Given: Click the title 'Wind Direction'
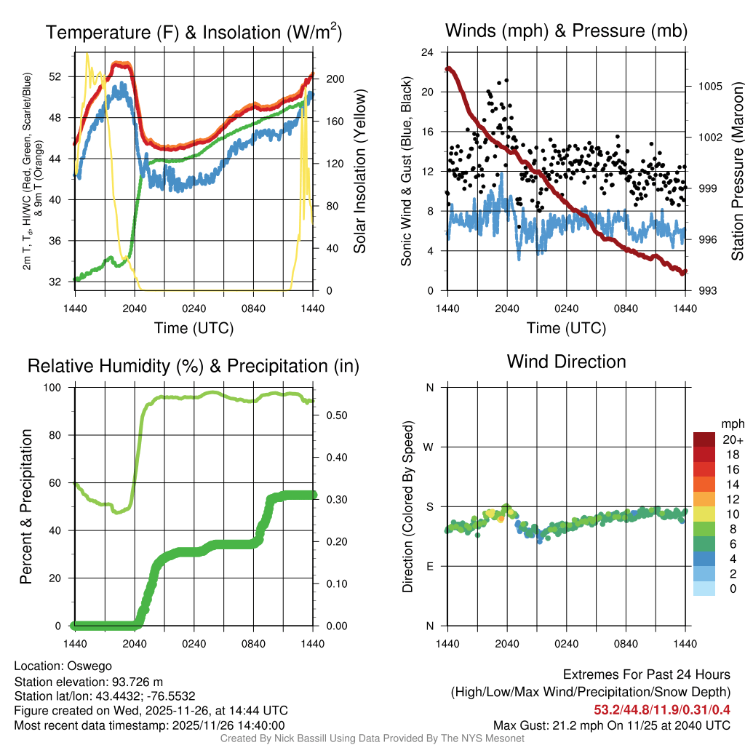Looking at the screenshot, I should coord(566,362).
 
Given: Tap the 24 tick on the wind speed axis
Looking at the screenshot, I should coord(429,52).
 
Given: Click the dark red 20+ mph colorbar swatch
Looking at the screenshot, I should coord(704,439).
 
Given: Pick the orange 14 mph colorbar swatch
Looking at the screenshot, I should coord(704,483).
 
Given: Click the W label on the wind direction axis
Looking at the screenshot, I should coord(429,447).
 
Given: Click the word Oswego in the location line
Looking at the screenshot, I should coord(89,666).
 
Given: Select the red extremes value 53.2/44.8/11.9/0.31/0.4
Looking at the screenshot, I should coord(662,709).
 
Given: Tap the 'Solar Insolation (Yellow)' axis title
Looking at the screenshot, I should coord(360,171).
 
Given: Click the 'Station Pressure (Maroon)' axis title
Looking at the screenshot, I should coord(736,172).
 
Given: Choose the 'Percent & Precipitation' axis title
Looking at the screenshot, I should coord(25,506).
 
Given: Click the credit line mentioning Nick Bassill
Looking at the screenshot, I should coord(372,738).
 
